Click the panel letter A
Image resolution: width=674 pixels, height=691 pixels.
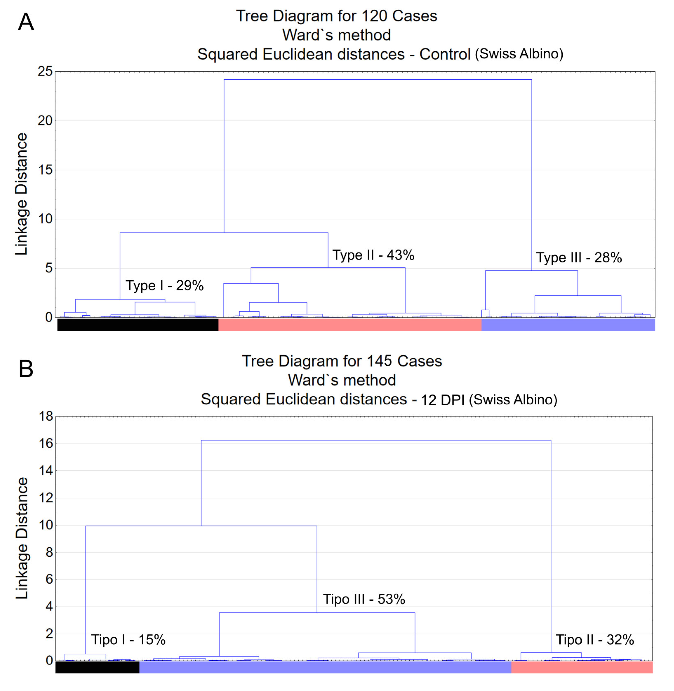[x=26, y=22]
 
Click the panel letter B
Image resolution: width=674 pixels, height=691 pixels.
[x=26, y=369]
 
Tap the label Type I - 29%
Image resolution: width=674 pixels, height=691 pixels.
[x=165, y=286]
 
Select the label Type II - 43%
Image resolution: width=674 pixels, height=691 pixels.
[x=373, y=255]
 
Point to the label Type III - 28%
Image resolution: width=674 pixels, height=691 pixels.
[x=579, y=258]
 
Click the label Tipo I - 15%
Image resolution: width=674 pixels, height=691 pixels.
[x=128, y=640]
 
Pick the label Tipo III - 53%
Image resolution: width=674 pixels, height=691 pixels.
[x=364, y=599]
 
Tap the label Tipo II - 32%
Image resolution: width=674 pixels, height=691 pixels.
[x=595, y=640]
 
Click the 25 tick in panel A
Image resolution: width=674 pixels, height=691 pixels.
[x=45, y=72]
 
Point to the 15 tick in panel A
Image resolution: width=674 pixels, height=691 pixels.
[x=45, y=170]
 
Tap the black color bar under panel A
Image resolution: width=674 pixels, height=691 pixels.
[x=138, y=325]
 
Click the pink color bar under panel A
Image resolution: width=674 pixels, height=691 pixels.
[x=350, y=325]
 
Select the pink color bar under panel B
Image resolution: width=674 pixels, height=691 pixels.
[x=582, y=667]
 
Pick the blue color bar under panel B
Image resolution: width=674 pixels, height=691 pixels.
[x=325, y=667]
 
